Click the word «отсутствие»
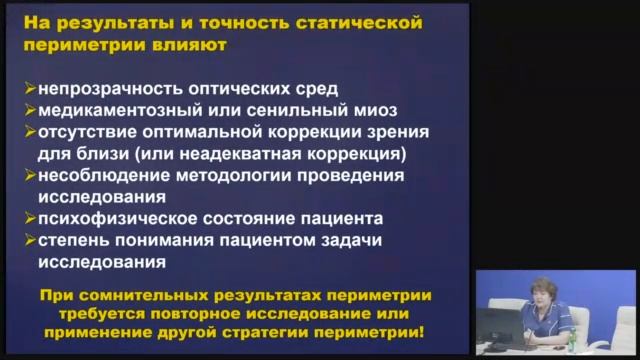click(80, 131)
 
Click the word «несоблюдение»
click(96, 175)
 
